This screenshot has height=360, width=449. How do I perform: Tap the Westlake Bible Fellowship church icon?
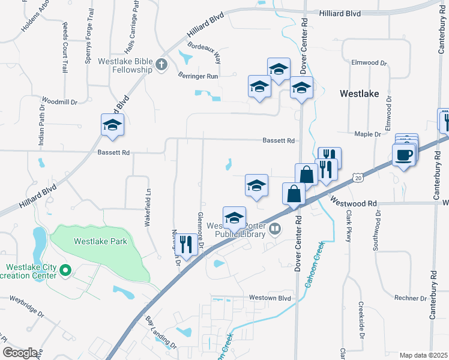click(x=161, y=64)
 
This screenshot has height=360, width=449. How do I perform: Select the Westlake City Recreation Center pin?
click(x=66, y=272)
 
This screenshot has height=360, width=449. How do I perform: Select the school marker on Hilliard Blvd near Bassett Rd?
click(x=112, y=124)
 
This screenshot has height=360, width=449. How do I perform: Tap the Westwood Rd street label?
click(x=354, y=203)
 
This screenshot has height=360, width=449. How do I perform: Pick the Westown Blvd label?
click(x=270, y=298)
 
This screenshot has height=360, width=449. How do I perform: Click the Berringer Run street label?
click(x=198, y=76)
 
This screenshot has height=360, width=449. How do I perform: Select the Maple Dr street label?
click(x=367, y=134)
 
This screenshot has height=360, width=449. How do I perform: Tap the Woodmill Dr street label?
click(x=60, y=101)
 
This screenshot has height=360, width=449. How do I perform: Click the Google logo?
click(x=20, y=352)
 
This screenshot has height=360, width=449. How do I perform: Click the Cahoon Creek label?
click(x=314, y=264)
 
